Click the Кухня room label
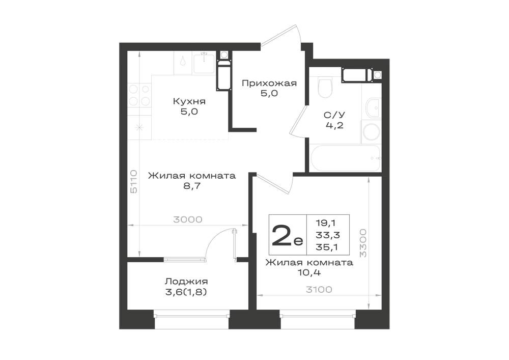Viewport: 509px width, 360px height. click(189, 101)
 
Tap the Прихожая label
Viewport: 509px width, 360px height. click(269, 84)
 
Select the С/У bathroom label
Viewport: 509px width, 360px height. click(334, 115)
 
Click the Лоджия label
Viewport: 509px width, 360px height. click(186, 282)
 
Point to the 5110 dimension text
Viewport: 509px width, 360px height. click(134, 182)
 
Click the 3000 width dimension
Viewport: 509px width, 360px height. click(188, 220)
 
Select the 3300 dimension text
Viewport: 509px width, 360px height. click(363, 243)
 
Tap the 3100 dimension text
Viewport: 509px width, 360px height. click(319, 290)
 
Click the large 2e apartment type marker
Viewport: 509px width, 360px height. click(287, 235)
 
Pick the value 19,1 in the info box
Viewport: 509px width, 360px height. click(326, 223)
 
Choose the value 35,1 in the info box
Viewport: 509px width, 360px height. click(327, 247)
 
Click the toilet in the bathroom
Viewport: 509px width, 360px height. click(325, 87)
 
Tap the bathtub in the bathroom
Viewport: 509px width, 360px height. click(346, 158)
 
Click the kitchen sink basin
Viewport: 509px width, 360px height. click(204, 64)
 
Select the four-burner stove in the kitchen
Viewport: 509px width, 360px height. click(139, 95)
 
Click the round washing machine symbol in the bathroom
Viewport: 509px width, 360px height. click(372, 132)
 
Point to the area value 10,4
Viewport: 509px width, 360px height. click(309, 273)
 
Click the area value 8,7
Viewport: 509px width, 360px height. click(192, 186)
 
